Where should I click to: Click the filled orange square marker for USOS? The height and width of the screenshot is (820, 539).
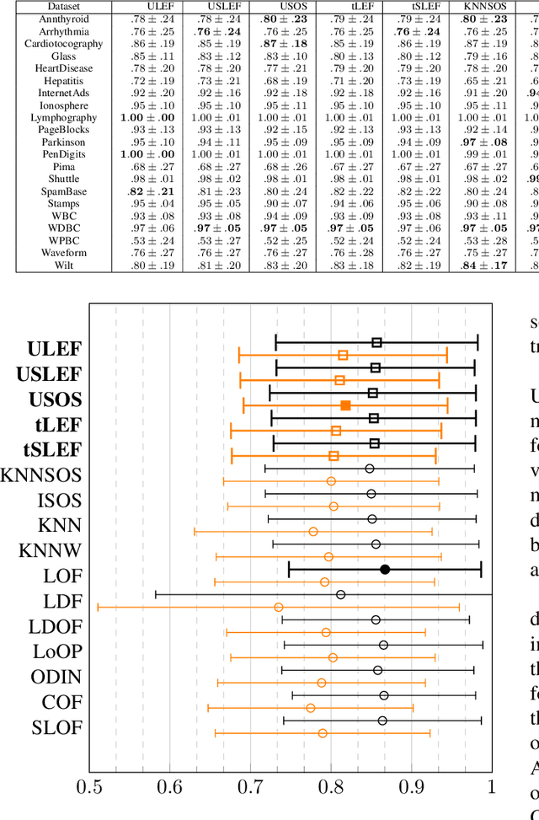pos(345,405)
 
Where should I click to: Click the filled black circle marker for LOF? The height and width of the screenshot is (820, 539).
pos(385,569)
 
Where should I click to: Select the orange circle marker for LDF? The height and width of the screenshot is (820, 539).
pos(279,607)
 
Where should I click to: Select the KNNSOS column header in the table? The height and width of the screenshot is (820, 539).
pos(484,4)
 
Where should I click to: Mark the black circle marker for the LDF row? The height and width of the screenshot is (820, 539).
pos(340,594)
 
